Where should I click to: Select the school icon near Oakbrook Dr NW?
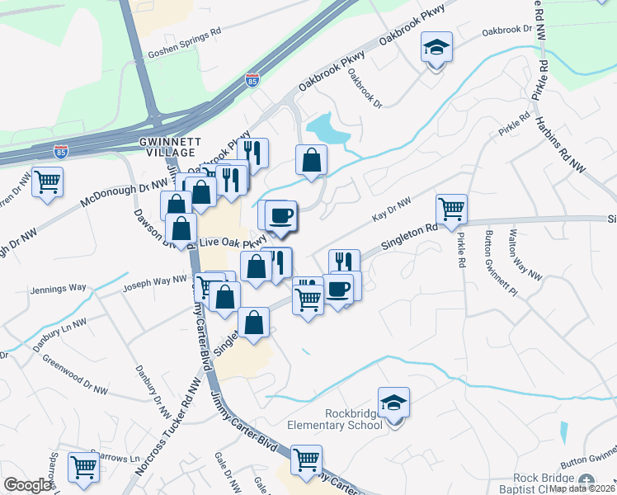click(x=436, y=49)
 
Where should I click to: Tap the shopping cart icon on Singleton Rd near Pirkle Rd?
click(x=451, y=210)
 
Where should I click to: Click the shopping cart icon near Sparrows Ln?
click(x=83, y=467)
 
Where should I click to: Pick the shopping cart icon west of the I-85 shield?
click(x=47, y=181)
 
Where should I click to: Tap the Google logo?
click(x=28, y=485)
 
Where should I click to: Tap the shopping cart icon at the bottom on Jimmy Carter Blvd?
click(x=306, y=460)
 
